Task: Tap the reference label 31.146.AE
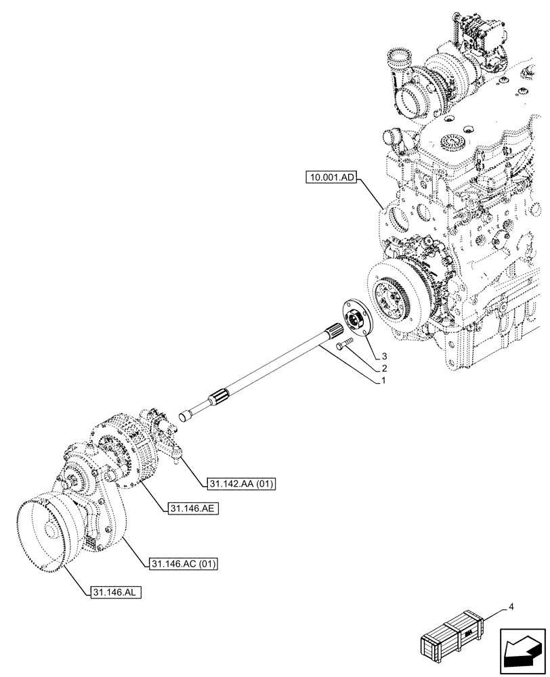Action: click(190, 507)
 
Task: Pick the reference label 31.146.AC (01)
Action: click(181, 563)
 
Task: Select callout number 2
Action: click(383, 369)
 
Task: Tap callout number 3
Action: click(383, 356)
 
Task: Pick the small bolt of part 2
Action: click(343, 346)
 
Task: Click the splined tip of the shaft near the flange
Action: click(335, 331)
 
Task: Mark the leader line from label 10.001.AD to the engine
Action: click(375, 196)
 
